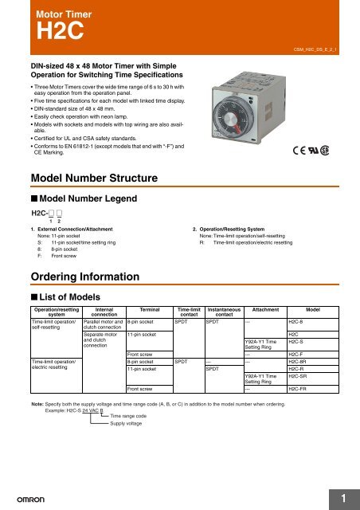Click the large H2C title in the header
(x=55, y=35)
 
